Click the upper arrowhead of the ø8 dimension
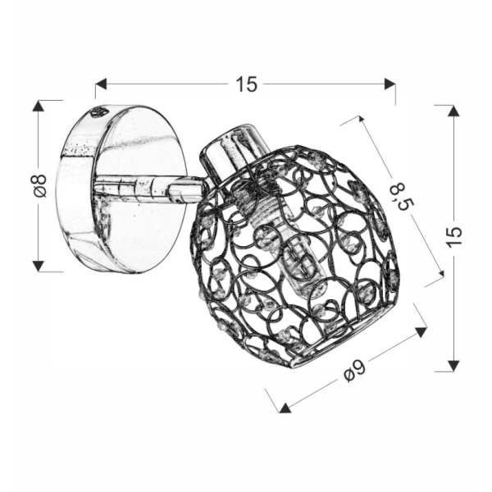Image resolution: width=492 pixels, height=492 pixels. [x=38, y=107]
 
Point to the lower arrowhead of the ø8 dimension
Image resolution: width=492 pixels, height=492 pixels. [x=38, y=265]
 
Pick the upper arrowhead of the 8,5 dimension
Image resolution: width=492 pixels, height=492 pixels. [x=358, y=121]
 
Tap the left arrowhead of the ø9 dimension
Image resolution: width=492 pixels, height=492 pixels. [x=284, y=405]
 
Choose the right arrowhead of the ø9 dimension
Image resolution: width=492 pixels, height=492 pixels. [x=421, y=332]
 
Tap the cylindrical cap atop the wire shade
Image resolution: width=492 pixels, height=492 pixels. [x=235, y=148]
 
